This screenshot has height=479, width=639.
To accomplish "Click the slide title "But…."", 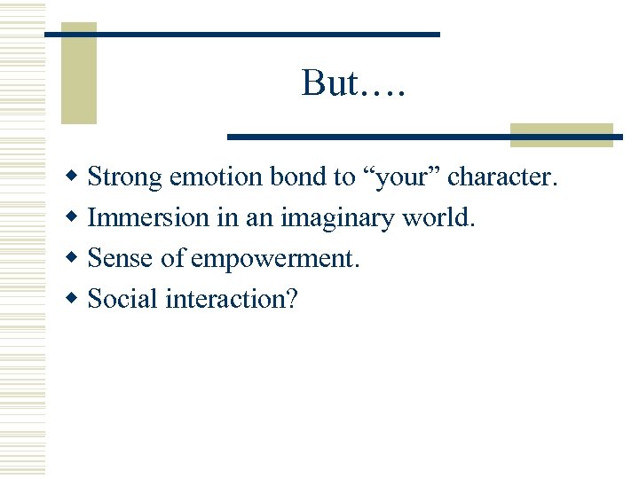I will click(x=352, y=83).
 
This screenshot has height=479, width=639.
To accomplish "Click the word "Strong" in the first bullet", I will click(x=125, y=177).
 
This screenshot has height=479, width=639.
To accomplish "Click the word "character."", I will click(x=502, y=177).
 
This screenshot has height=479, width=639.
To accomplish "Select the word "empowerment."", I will click(x=275, y=259).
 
